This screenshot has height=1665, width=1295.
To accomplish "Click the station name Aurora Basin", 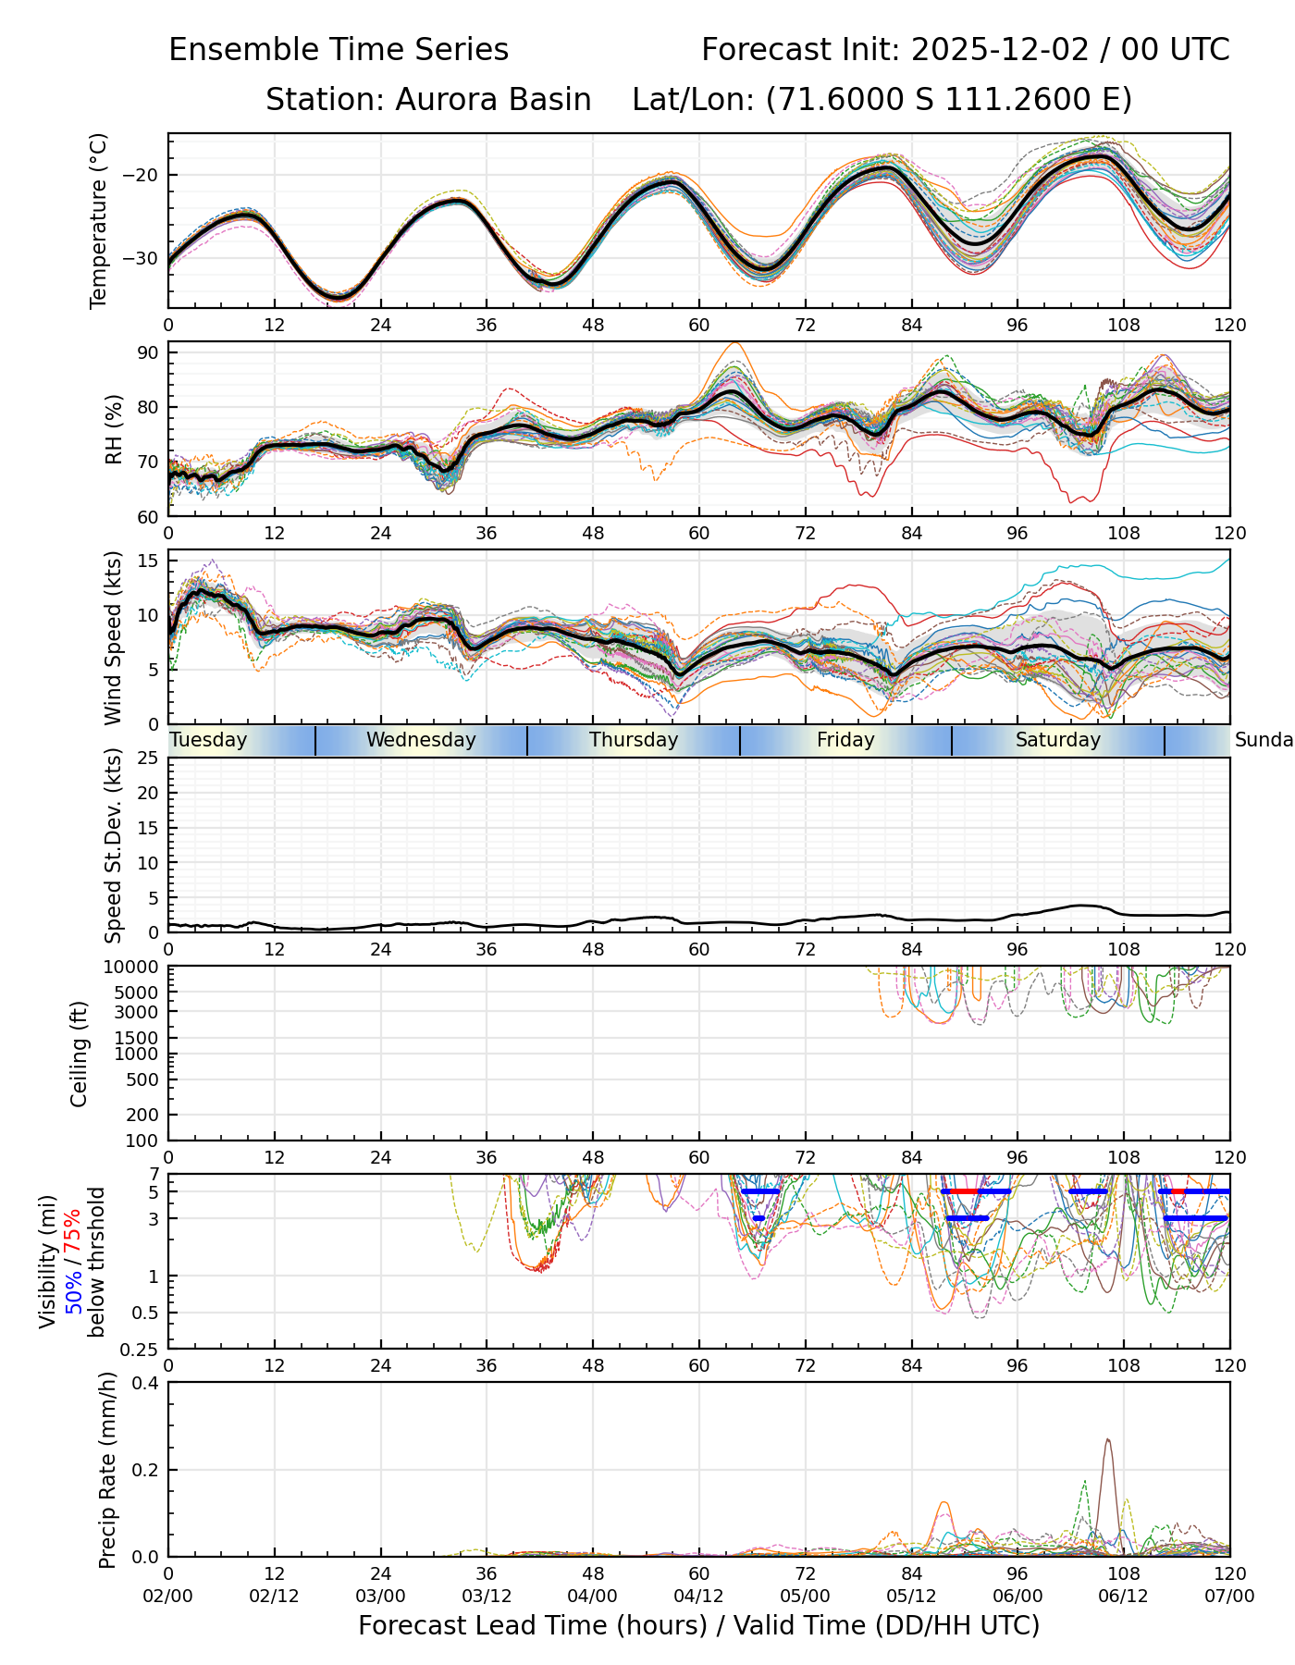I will (x=493, y=100).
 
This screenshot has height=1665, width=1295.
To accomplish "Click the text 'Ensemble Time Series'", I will (x=339, y=50).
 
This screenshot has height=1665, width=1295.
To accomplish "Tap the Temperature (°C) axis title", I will (x=99, y=220).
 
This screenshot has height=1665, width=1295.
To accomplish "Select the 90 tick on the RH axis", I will (x=149, y=352).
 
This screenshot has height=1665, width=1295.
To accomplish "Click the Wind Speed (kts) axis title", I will (x=113, y=637).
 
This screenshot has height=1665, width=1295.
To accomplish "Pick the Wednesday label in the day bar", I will (x=421, y=740).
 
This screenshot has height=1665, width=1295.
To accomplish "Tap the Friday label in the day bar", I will (x=845, y=740).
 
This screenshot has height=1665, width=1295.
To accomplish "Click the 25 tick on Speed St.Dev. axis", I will (x=149, y=758).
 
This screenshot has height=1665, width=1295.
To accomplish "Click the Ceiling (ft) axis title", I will (x=80, y=1054).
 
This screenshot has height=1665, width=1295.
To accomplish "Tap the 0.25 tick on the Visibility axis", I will (x=141, y=1349).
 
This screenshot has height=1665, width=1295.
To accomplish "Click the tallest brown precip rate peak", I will (x=1107, y=1440).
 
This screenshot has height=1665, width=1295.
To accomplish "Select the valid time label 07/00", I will (x=1229, y=1596).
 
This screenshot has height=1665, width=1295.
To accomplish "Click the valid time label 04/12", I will (x=698, y=1596).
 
